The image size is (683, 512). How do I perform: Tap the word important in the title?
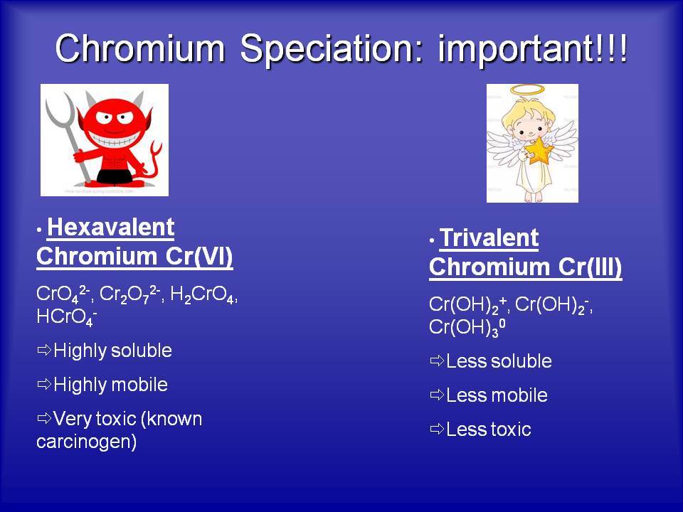click(515, 49)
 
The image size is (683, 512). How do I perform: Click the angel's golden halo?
click(527, 90)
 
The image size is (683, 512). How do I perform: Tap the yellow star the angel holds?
click(539, 151)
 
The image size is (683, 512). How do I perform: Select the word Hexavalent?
click(111, 228)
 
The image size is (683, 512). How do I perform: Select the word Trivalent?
click(489, 238)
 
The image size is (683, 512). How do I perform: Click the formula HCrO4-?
click(67, 317)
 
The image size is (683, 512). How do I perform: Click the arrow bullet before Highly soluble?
click(44, 350)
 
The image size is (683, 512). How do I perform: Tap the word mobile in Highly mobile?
click(139, 385)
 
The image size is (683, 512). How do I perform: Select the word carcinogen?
click(86, 442)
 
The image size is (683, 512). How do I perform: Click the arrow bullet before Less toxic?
click(437, 430)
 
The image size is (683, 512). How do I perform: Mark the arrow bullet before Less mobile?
click(437, 395)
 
